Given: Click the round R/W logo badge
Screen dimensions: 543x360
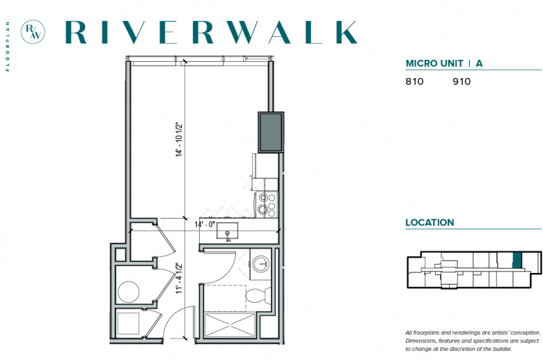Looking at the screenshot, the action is pyautogui.click(x=33, y=32).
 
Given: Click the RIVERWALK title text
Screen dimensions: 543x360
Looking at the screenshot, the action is pyautogui.click(x=211, y=32).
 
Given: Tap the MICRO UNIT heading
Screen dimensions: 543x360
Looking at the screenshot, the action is pyautogui.click(x=434, y=63).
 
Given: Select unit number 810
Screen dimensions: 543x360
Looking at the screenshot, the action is pyautogui.click(x=414, y=81).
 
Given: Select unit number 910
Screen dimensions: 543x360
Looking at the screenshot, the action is pyautogui.click(x=462, y=81).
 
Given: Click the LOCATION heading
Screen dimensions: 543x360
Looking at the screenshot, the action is pyautogui.click(x=430, y=222).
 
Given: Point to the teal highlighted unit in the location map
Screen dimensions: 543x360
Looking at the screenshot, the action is pyautogui.click(x=517, y=260).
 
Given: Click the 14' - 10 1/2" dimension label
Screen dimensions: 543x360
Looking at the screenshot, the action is pyautogui.click(x=179, y=140).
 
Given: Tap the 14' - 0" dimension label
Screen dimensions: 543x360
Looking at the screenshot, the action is pyautogui.click(x=205, y=224).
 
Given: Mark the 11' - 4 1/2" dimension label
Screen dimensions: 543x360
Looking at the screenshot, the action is pyautogui.click(x=179, y=279).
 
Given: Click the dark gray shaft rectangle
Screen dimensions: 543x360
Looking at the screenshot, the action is pyautogui.click(x=271, y=132).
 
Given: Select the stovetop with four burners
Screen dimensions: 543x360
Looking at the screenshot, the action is pyautogui.click(x=267, y=204).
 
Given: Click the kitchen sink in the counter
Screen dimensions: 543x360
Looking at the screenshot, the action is pyautogui.click(x=227, y=230).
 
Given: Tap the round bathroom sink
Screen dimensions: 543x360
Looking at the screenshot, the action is pyautogui.click(x=260, y=265).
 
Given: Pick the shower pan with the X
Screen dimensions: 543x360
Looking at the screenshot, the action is pyautogui.click(x=229, y=325).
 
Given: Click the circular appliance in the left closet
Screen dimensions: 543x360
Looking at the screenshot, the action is pyautogui.click(x=129, y=292).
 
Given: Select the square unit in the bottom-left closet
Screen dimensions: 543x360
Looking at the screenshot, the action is pyautogui.click(x=128, y=324).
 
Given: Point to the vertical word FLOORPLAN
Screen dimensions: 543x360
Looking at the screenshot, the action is pyautogui.click(x=8, y=47).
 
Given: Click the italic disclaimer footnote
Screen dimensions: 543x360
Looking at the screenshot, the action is pyautogui.click(x=473, y=341).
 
